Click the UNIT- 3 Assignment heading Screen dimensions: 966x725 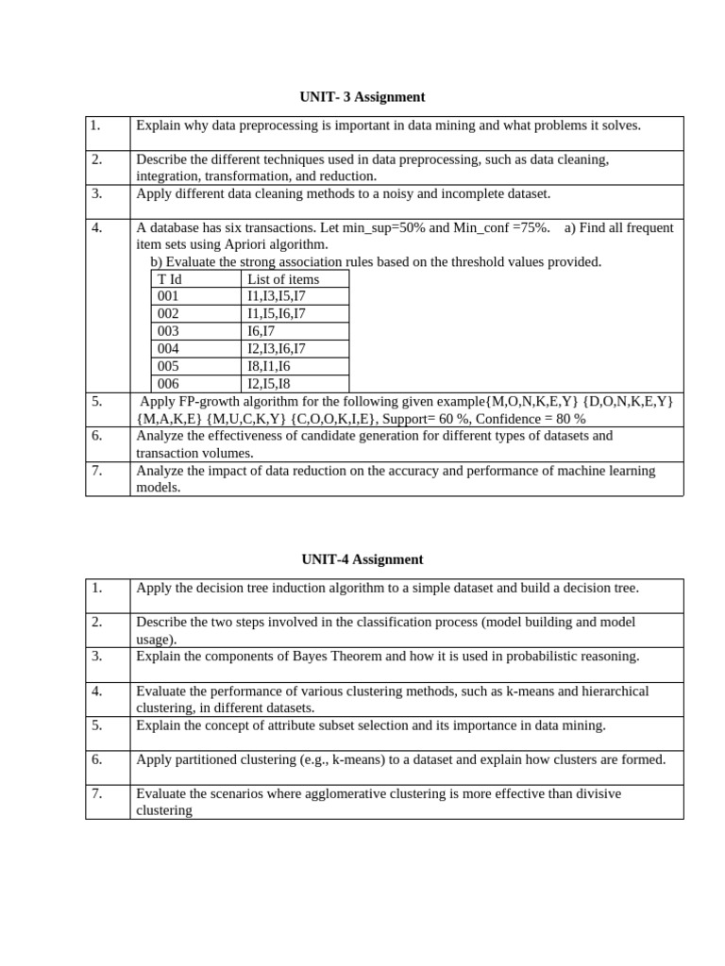click(362, 97)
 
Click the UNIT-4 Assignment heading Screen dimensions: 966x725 click(362, 559)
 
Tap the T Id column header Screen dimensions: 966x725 click(170, 279)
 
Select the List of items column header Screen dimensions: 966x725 click(283, 279)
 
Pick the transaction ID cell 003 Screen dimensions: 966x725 click(168, 331)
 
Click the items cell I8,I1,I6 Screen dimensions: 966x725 click(269, 366)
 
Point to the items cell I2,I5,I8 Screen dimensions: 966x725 click(269, 384)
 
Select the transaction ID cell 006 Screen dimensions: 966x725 click(168, 384)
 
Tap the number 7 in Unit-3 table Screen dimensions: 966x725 click(96, 471)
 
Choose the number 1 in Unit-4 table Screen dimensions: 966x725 click(96, 588)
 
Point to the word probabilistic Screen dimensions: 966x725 click(537, 657)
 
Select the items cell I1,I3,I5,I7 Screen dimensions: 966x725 click(277, 296)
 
